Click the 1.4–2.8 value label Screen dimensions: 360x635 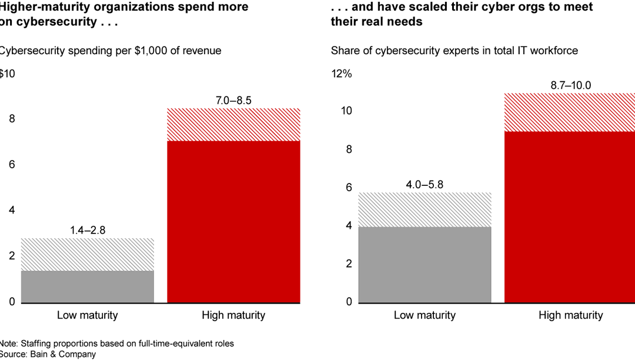(87, 230)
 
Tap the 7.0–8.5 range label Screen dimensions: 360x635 (233, 101)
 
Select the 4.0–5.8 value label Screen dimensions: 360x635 (424, 184)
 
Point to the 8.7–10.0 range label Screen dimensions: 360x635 (570, 85)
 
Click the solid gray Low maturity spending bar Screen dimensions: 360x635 (87, 287)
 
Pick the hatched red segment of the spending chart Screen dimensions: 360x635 (233, 125)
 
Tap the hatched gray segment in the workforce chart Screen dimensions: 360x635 (424, 209)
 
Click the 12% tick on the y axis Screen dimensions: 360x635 (342, 74)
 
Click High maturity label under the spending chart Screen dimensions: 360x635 (233, 315)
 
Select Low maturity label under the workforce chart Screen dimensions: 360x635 (424, 315)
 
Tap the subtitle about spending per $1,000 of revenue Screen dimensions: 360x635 (110, 51)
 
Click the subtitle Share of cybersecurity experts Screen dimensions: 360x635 (454, 51)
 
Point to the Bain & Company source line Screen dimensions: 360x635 (48, 354)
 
